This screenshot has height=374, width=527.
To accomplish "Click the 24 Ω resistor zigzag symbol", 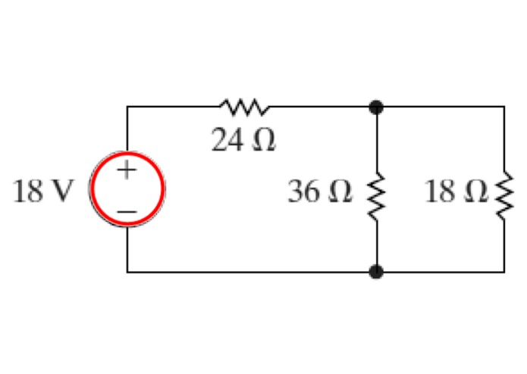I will pos(243,108).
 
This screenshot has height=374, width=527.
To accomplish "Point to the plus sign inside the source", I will pos(127,170).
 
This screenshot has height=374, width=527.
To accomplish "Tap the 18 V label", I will pos(42,192).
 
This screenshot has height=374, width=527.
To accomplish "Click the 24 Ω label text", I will pos(243,140).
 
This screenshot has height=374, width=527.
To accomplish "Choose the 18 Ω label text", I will pos(456,192).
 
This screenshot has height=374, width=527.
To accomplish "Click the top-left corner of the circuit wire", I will pos(127,108).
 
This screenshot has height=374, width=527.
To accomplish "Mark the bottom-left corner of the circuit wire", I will pos(127,271).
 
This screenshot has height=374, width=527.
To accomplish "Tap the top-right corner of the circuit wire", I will pos(504,108).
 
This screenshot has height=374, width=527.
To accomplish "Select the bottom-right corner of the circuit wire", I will pos(504,271).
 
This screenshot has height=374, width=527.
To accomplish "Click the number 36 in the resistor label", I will pos(304,192).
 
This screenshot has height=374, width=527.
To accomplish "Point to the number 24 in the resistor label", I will pos(227,140).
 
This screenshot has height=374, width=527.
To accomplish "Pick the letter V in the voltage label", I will pos(63,192).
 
